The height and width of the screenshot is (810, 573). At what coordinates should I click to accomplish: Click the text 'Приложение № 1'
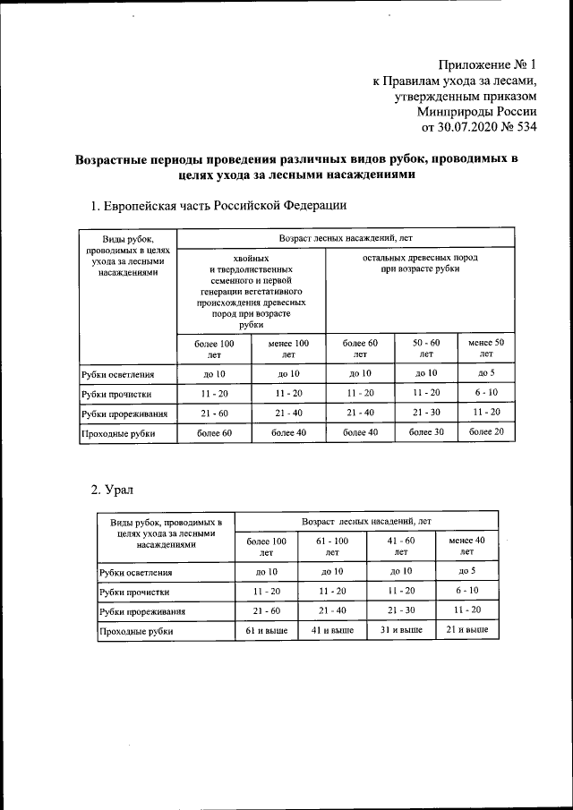click(x=488, y=64)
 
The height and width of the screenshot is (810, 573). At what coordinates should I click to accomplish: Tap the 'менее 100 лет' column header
click(x=288, y=349)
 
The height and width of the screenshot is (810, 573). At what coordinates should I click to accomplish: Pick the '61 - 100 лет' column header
click(x=332, y=547)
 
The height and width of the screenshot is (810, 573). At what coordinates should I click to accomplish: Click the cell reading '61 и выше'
click(x=267, y=630)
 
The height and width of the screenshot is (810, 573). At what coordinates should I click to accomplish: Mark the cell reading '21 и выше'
click(x=466, y=630)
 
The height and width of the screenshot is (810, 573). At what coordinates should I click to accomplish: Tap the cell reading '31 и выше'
click(x=398, y=630)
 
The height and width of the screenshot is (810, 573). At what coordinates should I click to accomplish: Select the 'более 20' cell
click(x=486, y=432)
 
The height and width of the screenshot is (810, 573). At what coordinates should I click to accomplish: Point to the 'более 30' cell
click(x=427, y=432)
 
